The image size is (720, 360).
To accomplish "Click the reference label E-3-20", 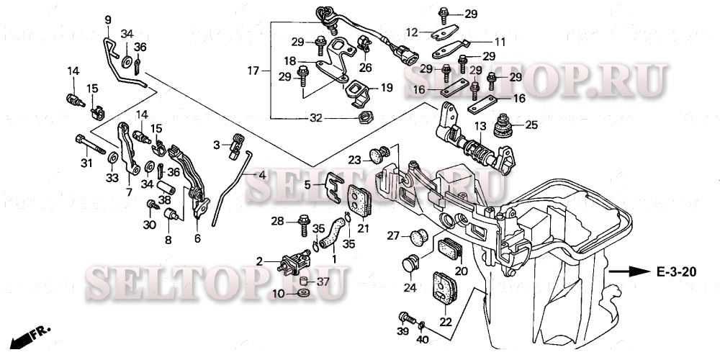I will (x=677, y=272).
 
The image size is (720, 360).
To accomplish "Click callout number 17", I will (x=253, y=71).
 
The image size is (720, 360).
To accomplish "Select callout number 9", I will (x=108, y=20).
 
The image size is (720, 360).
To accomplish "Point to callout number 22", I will (x=446, y=321).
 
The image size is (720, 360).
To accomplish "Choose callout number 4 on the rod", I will (x=262, y=175).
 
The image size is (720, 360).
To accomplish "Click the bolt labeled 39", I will (x=405, y=316).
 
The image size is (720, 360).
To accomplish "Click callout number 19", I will (x=387, y=88).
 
